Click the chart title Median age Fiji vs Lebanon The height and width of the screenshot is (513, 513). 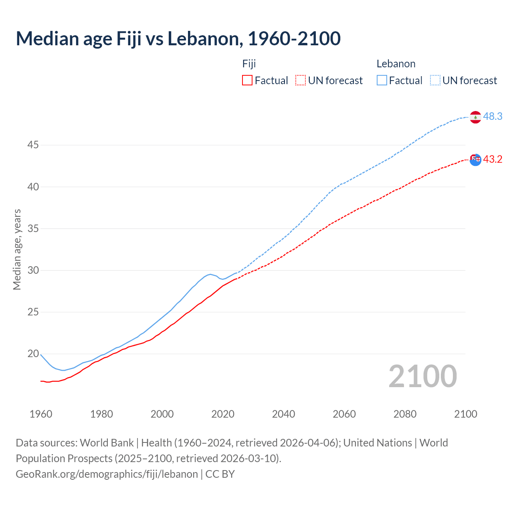178,39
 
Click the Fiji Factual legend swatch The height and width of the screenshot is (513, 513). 247,80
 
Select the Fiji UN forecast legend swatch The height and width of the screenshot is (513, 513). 300,80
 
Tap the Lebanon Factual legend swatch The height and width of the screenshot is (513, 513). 382,80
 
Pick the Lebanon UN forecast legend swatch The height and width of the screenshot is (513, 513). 435,80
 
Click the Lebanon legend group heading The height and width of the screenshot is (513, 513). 396,64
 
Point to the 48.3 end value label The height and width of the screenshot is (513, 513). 493,116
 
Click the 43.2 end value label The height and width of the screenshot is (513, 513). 493,159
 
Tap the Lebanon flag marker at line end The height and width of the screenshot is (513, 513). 475,117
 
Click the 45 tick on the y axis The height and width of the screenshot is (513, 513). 33,145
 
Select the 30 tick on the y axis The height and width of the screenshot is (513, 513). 33,270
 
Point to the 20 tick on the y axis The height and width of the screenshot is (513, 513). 33,353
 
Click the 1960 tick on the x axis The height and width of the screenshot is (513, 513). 41,414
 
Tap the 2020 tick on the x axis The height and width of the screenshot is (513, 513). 223,414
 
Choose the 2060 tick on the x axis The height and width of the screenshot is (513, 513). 344,414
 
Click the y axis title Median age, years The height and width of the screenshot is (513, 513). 17,249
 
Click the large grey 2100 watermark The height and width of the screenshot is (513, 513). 422,376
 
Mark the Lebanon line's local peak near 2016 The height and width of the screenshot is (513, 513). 210,274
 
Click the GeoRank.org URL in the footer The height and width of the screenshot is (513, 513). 107,474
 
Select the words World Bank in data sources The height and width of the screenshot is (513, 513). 107,443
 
